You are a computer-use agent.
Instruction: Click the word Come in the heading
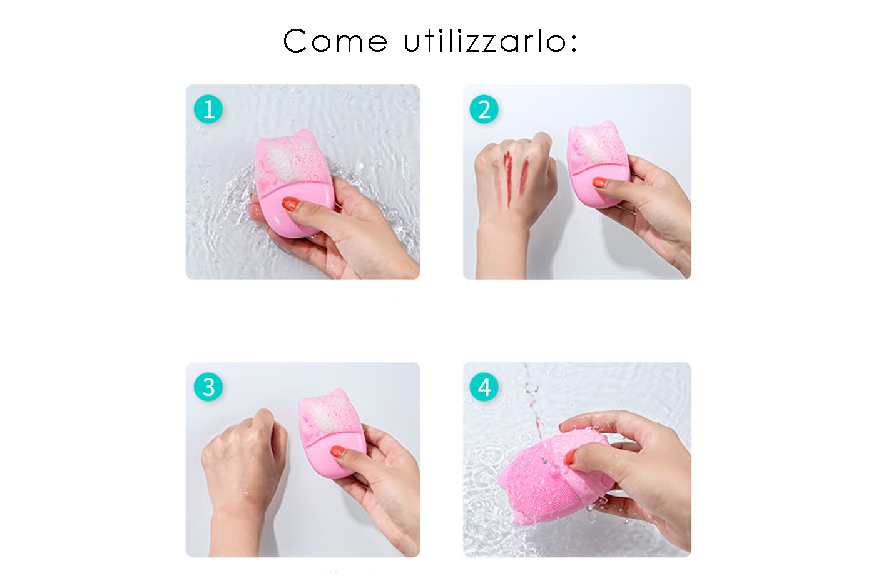(x=335, y=41)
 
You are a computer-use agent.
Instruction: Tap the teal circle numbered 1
(x=208, y=109)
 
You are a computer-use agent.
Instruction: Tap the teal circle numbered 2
(x=484, y=109)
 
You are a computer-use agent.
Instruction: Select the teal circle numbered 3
(x=208, y=387)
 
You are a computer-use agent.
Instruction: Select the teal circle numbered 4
(x=484, y=387)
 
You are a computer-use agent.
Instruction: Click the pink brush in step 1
(x=293, y=184)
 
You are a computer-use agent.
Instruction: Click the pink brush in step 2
(x=598, y=165)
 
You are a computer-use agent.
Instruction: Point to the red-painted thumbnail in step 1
(x=290, y=204)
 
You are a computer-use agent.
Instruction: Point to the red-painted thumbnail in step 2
(x=600, y=182)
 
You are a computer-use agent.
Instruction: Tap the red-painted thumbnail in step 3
(x=338, y=452)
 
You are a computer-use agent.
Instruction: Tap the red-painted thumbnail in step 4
(x=571, y=457)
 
